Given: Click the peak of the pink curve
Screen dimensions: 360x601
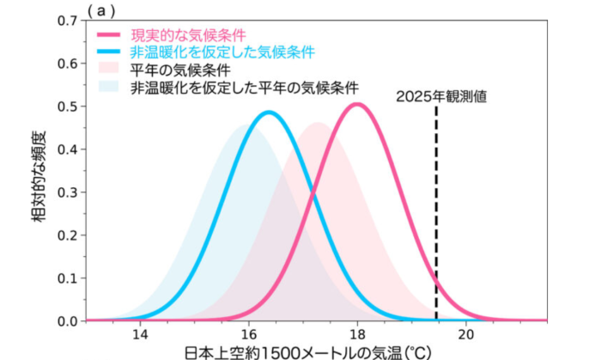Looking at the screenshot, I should point(357,105).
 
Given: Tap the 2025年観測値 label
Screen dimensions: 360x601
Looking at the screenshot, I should point(441,96).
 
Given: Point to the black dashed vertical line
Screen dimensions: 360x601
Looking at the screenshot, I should point(436,215).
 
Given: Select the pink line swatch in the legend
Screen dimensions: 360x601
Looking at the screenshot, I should point(109,35).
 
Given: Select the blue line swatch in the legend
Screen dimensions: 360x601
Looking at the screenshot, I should point(109,52).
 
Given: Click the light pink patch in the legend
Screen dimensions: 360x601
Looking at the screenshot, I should point(109,70).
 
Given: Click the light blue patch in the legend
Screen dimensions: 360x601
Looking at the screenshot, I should point(109,87).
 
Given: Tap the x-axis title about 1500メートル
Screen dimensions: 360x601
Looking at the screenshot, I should point(306,351).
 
